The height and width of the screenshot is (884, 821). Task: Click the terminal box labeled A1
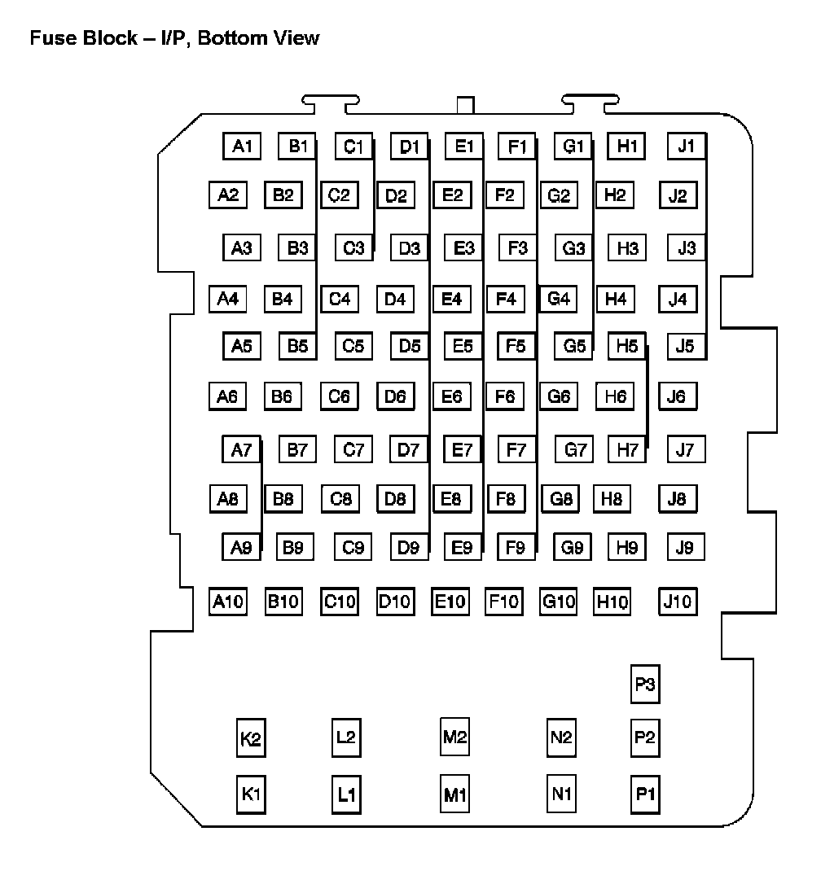click(242, 147)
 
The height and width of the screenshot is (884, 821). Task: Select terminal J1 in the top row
click(686, 147)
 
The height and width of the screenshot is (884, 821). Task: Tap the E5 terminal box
click(463, 346)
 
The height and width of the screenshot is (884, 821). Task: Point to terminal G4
click(558, 299)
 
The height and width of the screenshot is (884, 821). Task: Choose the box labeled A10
click(228, 602)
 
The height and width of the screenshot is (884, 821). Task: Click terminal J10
click(678, 602)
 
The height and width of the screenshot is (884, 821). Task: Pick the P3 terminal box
click(645, 685)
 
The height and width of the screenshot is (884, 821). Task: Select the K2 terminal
click(251, 739)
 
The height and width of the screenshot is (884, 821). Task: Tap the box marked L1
click(346, 794)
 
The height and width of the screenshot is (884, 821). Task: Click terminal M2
click(454, 737)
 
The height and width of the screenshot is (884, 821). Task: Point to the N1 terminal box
click(561, 793)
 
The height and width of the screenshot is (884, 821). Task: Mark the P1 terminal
click(645, 794)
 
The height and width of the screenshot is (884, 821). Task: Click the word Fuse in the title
click(50, 37)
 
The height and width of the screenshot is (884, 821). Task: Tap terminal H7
click(627, 449)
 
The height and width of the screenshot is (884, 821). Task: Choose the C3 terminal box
click(353, 247)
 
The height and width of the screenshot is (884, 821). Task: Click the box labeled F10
click(503, 602)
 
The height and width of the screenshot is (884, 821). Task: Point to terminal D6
click(395, 396)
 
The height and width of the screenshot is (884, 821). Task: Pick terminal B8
click(283, 498)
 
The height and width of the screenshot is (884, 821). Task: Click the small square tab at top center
click(465, 105)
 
